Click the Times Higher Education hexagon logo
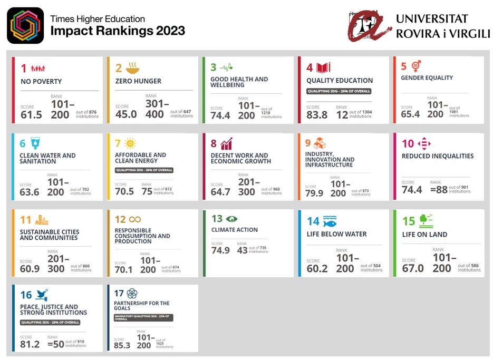pos(25,25)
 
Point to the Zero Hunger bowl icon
pos(132,67)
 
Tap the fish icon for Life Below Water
pos(330,221)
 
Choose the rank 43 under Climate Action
pos(242,250)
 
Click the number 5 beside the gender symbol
pos(404,67)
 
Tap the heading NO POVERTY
pos(41,82)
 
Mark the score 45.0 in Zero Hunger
pos(126,114)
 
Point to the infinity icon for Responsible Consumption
pos(134,219)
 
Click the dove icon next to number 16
pos(42,295)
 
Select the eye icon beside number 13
pos(231,219)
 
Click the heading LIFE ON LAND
pos(424,235)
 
